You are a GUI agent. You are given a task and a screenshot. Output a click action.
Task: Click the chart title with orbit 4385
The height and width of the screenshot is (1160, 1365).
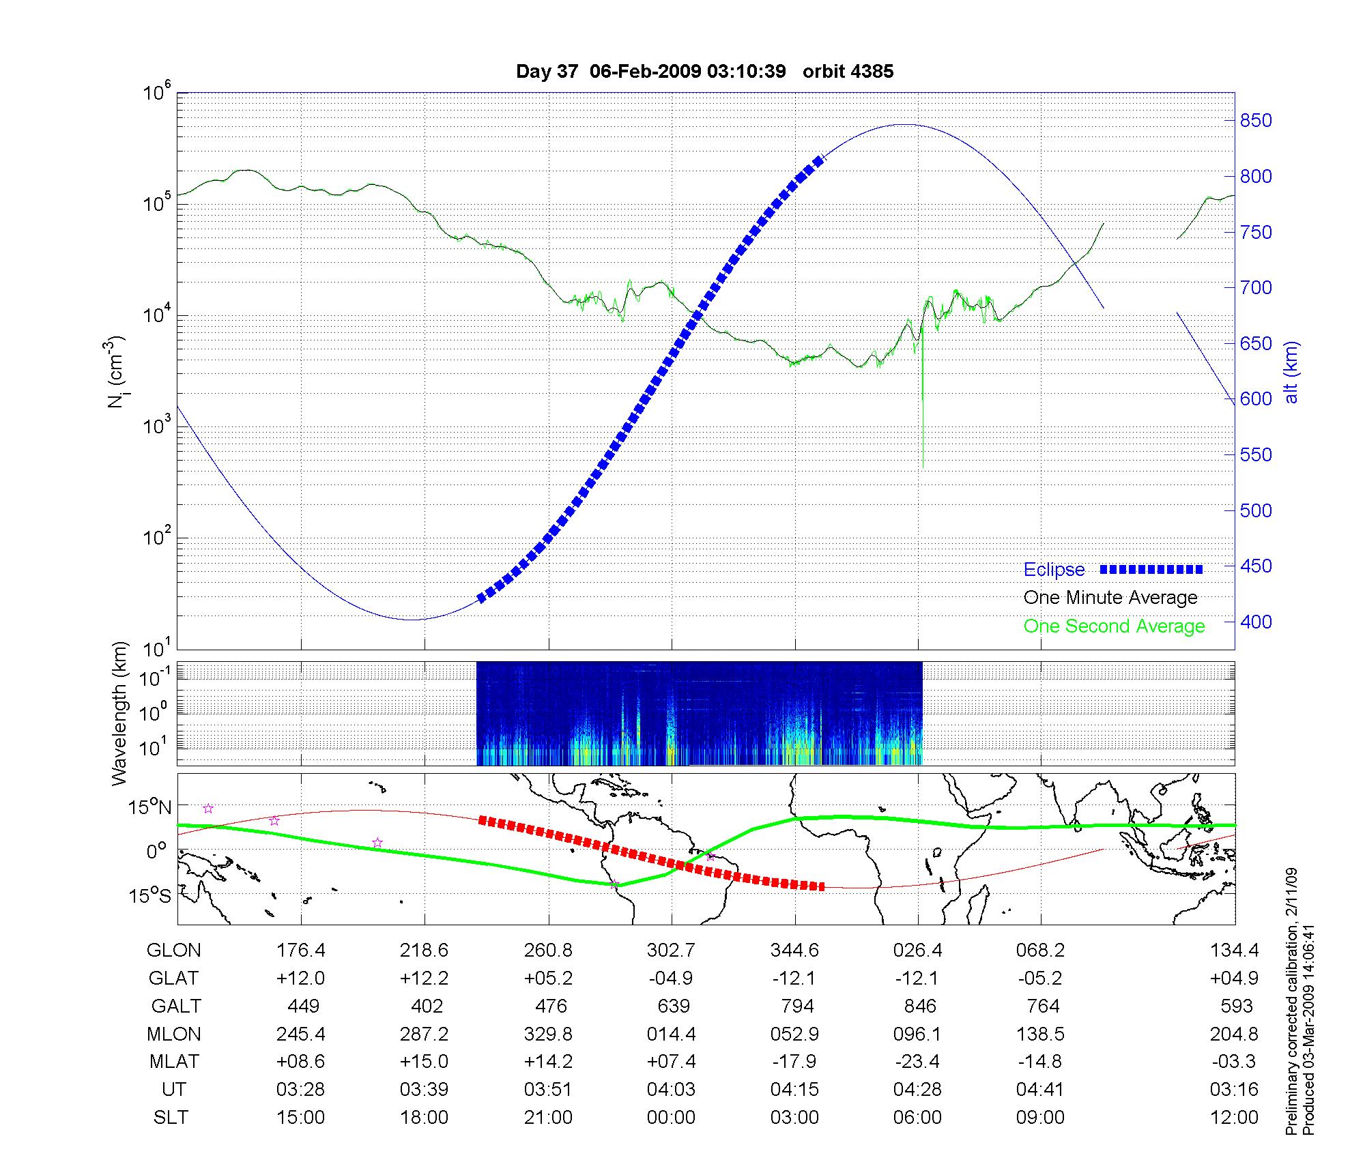pyautogui.click(x=704, y=72)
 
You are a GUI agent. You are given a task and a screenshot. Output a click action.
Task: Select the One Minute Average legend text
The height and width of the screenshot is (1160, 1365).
pyautogui.click(x=1110, y=598)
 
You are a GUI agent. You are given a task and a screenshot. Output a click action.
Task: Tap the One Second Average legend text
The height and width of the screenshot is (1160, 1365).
pyautogui.click(x=1114, y=626)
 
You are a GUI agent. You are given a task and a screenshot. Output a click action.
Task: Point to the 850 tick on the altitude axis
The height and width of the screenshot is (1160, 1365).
pyautogui.click(x=1256, y=121)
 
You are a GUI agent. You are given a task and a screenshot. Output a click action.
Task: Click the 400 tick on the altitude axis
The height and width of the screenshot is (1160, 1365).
pyautogui.click(x=1256, y=622)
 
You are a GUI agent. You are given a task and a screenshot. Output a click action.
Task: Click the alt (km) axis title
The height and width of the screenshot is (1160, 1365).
pyautogui.click(x=1291, y=372)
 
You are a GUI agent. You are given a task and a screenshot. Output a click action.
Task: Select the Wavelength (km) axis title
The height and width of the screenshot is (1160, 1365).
pyautogui.click(x=120, y=713)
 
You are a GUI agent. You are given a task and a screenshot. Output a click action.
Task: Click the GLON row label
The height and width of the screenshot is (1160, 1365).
pyautogui.click(x=174, y=951)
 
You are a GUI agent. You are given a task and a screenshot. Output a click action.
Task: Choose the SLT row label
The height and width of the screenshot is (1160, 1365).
pyautogui.click(x=171, y=1118)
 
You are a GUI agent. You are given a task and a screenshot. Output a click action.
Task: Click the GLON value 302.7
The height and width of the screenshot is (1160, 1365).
pyautogui.click(x=672, y=951)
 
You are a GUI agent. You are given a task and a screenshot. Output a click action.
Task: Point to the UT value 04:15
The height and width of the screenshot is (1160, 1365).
pyautogui.click(x=794, y=1090)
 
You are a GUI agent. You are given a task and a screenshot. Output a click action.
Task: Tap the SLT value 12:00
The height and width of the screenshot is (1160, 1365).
pyautogui.click(x=1234, y=1118)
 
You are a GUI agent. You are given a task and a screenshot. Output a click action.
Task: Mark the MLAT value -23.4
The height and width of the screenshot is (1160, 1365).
pyautogui.click(x=917, y=1062)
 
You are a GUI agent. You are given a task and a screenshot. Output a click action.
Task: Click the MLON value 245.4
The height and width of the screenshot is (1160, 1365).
pyautogui.click(x=301, y=1034)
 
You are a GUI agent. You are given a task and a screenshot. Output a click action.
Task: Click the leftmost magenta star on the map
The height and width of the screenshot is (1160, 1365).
pyautogui.click(x=208, y=809)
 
